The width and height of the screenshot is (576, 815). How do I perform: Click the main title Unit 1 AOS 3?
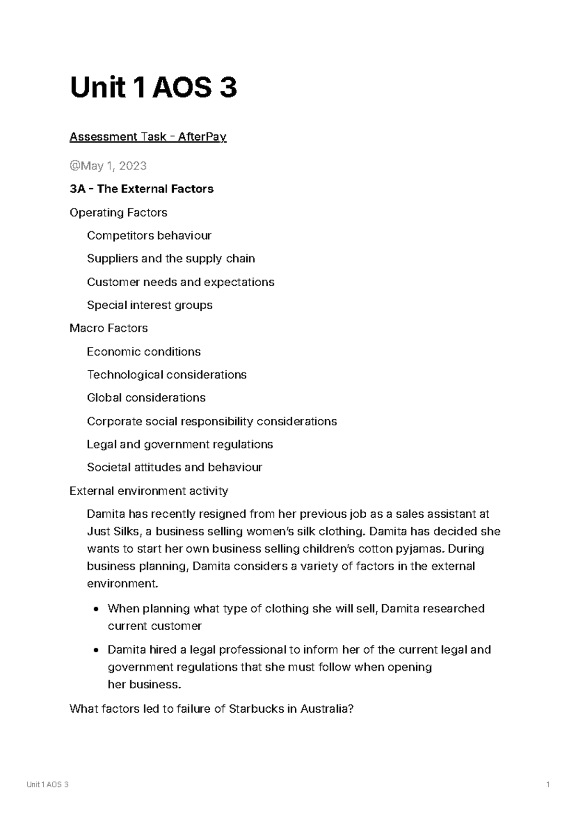click(153, 88)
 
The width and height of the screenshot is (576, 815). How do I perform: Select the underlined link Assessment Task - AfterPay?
click(148, 137)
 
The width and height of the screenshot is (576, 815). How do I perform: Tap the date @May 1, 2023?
click(108, 166)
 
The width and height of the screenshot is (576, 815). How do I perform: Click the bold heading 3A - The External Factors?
click(142, 189)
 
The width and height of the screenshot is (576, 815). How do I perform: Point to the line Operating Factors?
click(119, 212)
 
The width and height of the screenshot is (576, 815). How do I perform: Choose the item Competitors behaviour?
click(149, 235)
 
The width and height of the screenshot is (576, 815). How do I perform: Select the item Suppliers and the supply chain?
click(171, 258)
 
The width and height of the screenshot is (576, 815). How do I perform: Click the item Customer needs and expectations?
click(180, 282)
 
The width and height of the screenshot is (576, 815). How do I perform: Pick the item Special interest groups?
click(150, 305)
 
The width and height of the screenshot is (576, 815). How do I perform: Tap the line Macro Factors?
click(108, 328)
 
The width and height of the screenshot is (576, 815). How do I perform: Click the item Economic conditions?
click(144, 352)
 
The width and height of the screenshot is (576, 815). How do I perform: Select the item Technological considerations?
click(167, 375)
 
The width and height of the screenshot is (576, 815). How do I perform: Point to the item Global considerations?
click(146, 398)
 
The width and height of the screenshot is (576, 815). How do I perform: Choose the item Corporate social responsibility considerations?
click(212, 421)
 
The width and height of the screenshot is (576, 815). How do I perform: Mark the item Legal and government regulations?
click(180, 444)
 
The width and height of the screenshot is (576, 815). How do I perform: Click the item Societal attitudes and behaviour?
click(174, 467)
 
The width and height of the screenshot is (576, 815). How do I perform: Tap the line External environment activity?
click(149, 491)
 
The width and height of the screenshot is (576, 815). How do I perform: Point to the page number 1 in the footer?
click(548, 785)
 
